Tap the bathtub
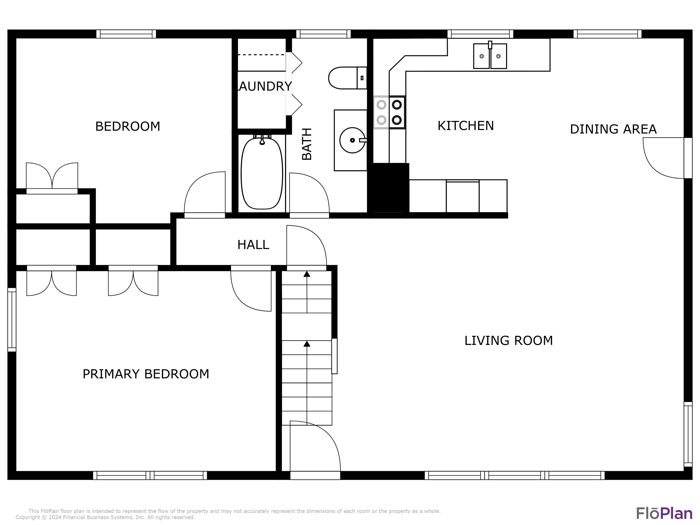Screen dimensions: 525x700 (x=262, y=173)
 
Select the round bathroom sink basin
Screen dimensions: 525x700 (x=352, y=140)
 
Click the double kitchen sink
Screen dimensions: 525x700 (x=490, y=56)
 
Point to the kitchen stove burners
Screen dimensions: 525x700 (x=389, y=112)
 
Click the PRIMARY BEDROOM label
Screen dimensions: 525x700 (x=146, y=374)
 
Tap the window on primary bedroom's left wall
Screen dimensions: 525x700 (x=12, y=320)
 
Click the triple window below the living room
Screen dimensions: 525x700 (x=514, y=475)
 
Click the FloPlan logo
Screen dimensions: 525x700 (x=664, y=513)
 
